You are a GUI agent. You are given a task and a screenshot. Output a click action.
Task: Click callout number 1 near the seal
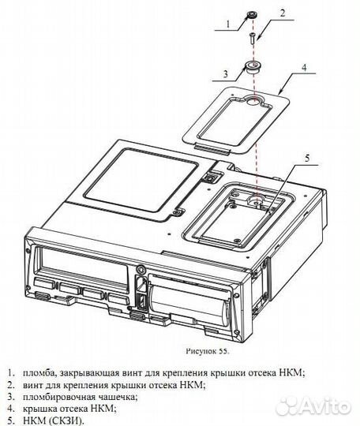pyautogui.click(x=228, y=24)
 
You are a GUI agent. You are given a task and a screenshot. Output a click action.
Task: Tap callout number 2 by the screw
pyautogui.click(x=283, y=13)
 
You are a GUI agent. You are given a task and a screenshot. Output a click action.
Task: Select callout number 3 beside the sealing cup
pyautogui.click(x=226, y=74)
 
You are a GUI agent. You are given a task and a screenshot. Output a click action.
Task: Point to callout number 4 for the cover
pyautogui.click(x=304, y=67)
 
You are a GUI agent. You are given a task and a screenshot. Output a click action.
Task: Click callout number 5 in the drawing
pyautogui.click(x=307, y=158)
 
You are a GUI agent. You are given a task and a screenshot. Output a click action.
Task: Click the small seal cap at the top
pyautogui.click(x=252, y=15)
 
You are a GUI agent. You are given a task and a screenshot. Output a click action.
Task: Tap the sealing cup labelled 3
pyautogui.click(x=252, y=67)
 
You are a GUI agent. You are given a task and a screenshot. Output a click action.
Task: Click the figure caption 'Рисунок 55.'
pyautogui.click(x=208, y=351)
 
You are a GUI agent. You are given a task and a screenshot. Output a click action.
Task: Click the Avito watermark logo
pyautogui.click(x=315, y=407)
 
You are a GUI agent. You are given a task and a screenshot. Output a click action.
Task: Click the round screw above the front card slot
pyautogui.click(x=141, y=270)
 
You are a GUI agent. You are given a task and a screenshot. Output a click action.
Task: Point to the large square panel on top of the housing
pyautogui.click(x=141, y=180)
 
